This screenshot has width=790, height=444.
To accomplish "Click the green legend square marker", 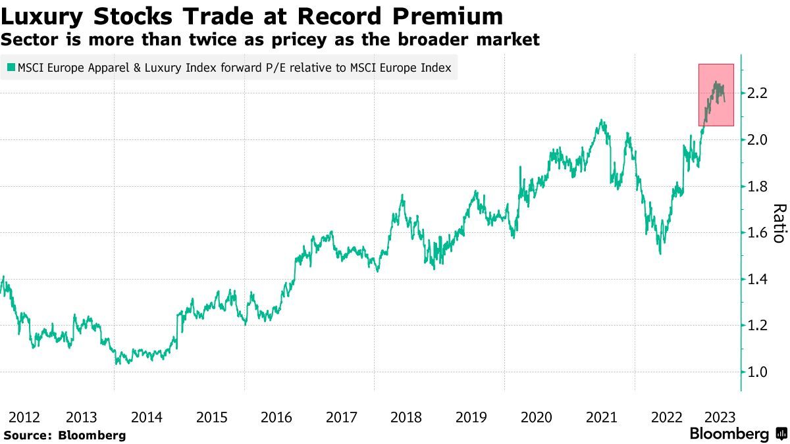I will pyautogui.click(x=11, y=68).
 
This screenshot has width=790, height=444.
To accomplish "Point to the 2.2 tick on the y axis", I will pyautogui.click(x=758, y=93).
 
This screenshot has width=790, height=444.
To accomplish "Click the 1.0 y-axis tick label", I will pyautogui.click(x=758, y=372).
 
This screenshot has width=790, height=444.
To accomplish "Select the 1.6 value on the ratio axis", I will pyautogui.click(x=758, y=233).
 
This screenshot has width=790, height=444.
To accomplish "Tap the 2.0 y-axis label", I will pyautogui.click(x=758, y=140).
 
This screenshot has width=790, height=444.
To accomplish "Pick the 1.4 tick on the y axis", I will pyautogui.click(x=758, y=280).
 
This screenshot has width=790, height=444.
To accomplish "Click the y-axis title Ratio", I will pyautogui.click(x=779, y=224).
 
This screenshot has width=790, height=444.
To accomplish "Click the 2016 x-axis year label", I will pyautogui.click(x=276, y=417).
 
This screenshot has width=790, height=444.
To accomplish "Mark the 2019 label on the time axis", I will pyautogui.click(x=471, y=417).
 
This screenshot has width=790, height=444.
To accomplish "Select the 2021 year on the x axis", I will pyautogui.click(x=601, y=417).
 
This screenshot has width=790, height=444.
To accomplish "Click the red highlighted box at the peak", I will pyautogui.click(x=716, y=95).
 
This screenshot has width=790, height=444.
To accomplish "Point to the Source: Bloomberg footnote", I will pyautogui.click(x=65, y=435).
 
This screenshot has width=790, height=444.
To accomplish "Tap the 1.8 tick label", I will pyautogui.click(x=758, y=187).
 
